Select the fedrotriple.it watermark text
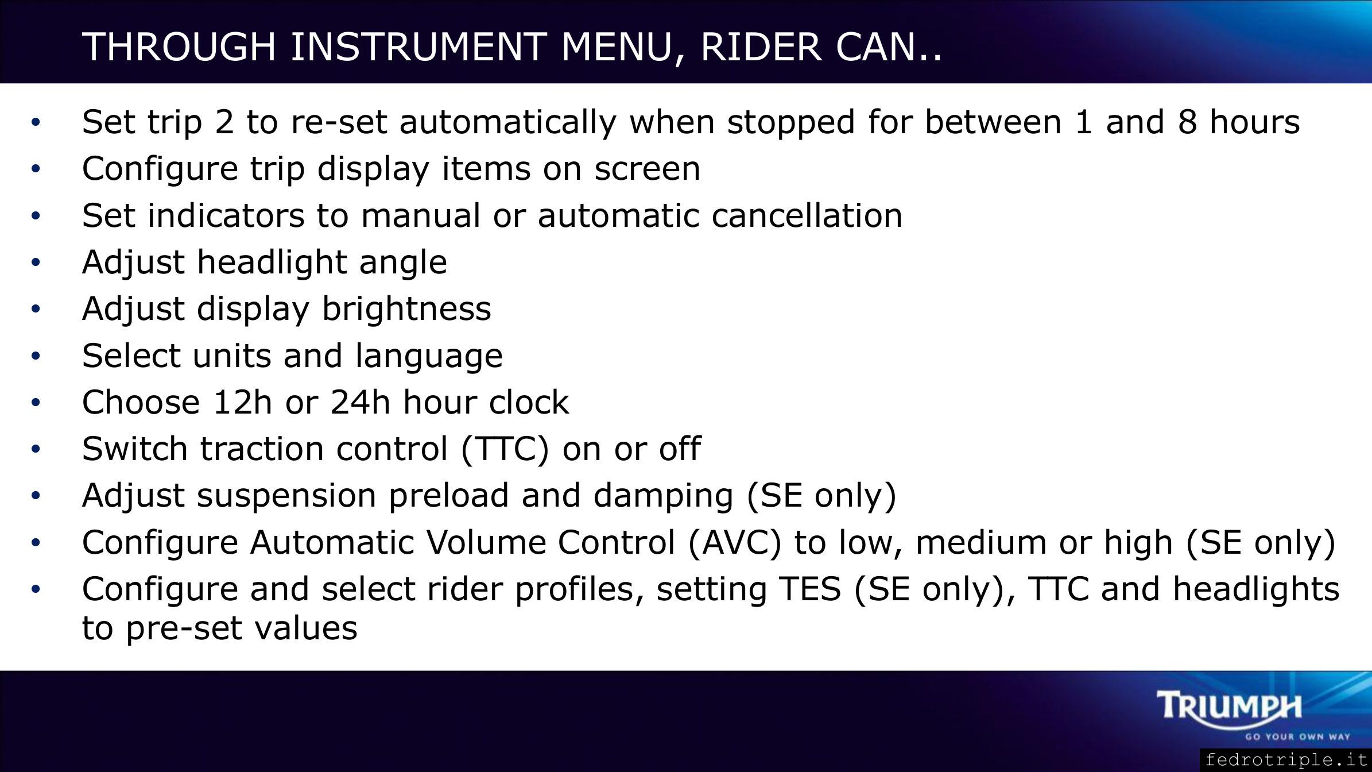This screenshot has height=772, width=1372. [x=1286, y=761]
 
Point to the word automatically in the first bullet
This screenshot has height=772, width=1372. [x=508, y=122]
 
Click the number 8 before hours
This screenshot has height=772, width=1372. [x=1187, y=122]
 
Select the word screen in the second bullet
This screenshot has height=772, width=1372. [x=648, y=169]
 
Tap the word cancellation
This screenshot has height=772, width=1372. [x=807, y=215]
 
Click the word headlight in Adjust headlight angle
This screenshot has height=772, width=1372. [x=272, y=263]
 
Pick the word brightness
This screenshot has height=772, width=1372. [x=406, y=309]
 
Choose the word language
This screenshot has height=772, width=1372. [x=429, y=356]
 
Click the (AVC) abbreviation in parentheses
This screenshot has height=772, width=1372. [x=734, y=542]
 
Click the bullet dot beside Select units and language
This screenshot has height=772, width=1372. [x=36, y=356]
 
